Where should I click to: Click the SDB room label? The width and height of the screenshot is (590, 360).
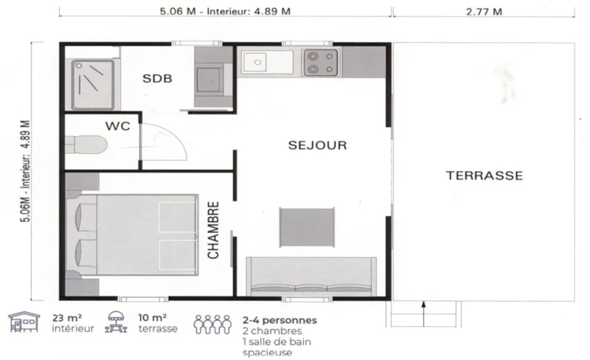click(x=157, y=79)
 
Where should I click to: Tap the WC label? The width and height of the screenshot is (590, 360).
click(x=117, y=126)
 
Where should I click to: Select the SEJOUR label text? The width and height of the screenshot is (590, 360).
click(x=317, y=145)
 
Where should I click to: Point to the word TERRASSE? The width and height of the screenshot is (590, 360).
click(x=485, y=176)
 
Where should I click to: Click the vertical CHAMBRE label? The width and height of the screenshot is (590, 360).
click(x=213, y=229)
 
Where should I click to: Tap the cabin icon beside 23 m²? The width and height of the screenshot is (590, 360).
click(x=24, y=323)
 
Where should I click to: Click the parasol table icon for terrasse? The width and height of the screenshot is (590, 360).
click(x=117, y=323)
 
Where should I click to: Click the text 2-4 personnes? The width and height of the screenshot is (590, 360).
click(x=280, y=320)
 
